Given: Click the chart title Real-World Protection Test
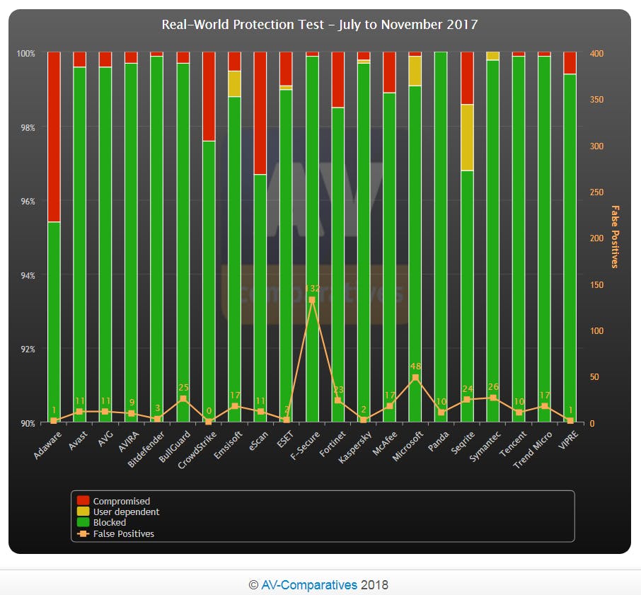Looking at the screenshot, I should point(320,25).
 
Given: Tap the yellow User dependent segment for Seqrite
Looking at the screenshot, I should point(467,137).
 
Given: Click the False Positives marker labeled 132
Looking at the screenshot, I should point(312,300).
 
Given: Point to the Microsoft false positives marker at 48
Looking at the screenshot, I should point(415,378).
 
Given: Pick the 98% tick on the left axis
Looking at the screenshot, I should point(26,127).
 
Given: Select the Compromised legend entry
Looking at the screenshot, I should point(121,502).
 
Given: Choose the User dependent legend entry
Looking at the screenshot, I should point(126,512).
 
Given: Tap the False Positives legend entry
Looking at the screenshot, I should point(123,534).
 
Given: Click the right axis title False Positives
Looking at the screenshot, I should point(614,237).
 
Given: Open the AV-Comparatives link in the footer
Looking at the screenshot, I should point(309,585).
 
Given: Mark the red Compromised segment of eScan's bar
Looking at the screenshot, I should point(260,113).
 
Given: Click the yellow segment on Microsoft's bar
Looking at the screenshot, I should point(415,71).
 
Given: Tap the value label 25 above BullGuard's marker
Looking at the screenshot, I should point(183,388).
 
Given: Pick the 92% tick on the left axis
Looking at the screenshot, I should point(26,349).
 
